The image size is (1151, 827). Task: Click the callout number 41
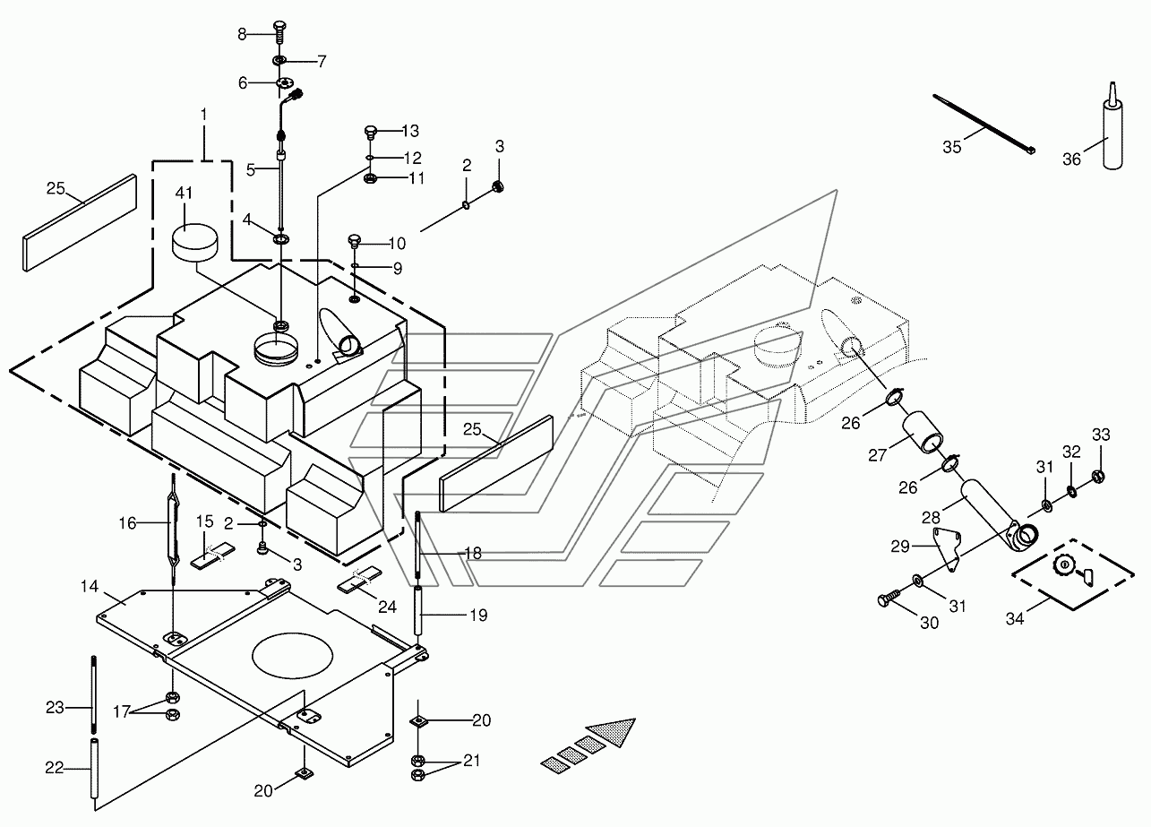(184, 194)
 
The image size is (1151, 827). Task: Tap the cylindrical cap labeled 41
(193, 243)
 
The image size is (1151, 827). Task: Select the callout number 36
(1071, 159)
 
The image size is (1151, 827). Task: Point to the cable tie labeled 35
(984, 124)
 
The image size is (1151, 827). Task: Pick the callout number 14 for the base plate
(90, 586)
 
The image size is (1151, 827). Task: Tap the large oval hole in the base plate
(292, 655)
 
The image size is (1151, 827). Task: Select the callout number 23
(55, 708)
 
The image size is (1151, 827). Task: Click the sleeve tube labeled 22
(94, 768)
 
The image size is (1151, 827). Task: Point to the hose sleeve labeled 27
(923, 432)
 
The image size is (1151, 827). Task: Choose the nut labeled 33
(1097, 477)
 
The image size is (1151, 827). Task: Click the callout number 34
(1015, 619)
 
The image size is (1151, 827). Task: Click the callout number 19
(479, 616)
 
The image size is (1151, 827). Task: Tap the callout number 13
(410, 131)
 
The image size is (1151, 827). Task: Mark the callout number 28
(931, 517)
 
